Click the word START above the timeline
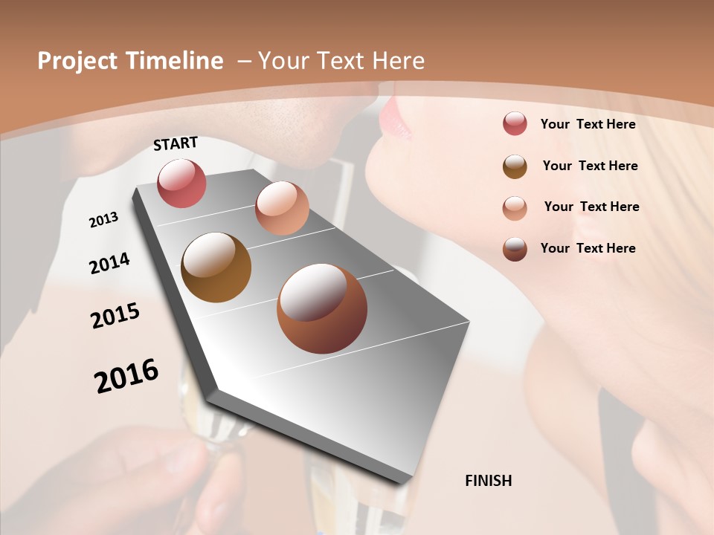pos(176,143)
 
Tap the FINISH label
pos(488,481)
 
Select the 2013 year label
pos(103,220)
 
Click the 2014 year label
pos(109,263)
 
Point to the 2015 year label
pos(115,316)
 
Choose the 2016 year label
pos(126,375)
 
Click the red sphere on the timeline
pos(181,183)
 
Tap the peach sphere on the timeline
pos(282,208)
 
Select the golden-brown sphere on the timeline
pos(216,267)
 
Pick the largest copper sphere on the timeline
pos(322,308)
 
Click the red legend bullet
pos(515,123)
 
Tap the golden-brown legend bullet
pos(515,166)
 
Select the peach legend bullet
pos(515,207)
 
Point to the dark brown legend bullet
pos(515,249)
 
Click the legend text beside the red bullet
pos(588,124)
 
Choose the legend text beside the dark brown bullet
pos(588,248)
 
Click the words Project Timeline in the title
pos(130,61)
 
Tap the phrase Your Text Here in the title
pos(341,61)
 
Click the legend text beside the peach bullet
pos(591,207)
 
